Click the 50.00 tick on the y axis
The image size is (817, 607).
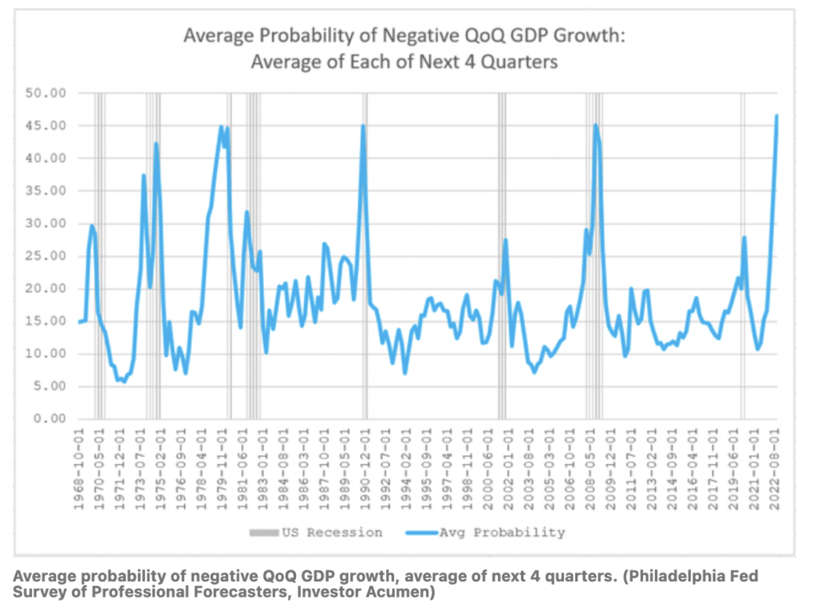49,93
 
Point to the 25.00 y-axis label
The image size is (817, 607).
49,256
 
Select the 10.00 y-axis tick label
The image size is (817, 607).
49,353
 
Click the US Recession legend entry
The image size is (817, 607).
323,532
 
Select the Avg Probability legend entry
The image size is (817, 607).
491,532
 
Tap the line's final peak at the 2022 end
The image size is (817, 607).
776,116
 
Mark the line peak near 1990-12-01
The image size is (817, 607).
363,125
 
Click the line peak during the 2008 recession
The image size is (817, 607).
595,125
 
